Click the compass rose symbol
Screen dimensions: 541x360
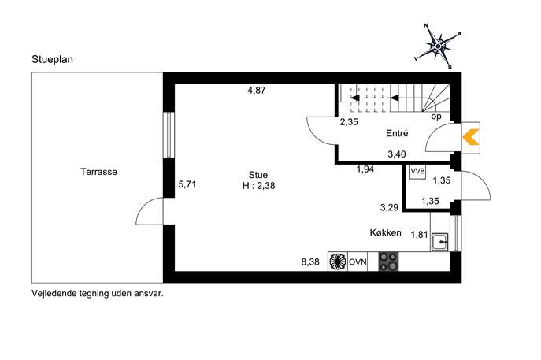point(438,46)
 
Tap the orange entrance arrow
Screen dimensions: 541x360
point(471,137)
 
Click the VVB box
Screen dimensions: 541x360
point(417,172)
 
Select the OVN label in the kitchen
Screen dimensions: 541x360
point(358,262)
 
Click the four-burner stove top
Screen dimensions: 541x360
point(388,262)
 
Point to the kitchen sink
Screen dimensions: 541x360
point(440,242)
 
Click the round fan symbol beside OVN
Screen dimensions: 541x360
point(338,262)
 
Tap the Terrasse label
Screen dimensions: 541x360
point(98,172)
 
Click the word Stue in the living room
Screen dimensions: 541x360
point(258,175)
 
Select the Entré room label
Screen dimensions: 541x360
point(397,133)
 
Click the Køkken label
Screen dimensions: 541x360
point(385,232)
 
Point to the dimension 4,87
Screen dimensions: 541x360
point(257,91)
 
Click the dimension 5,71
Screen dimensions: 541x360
point(187,184)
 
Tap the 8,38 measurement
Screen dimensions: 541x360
point(310,262)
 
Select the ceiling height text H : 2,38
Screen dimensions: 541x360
point(259,186)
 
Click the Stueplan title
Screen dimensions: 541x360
point(53,59)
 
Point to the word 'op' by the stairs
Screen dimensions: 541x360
point(436,117)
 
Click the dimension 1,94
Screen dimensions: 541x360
point(365,169)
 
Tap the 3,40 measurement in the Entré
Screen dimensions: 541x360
point(397,154)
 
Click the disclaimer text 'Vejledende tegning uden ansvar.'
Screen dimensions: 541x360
point(98,293)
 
